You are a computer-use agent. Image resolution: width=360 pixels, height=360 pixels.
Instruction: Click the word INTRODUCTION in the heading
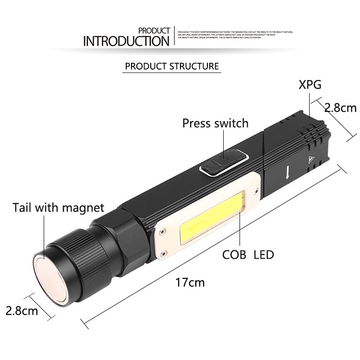[x=126, y=41]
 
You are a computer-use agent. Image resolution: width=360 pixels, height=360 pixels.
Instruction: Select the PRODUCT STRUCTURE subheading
[x=172, y=66]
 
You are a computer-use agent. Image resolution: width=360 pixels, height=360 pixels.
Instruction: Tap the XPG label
[x=310, y=85]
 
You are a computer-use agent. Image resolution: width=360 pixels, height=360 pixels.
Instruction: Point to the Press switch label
[x=215, y=123]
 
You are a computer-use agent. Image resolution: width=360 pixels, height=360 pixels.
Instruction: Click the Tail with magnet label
[x=58, y=208]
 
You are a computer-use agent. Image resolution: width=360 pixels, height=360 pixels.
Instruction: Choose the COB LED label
[x=248, y=254]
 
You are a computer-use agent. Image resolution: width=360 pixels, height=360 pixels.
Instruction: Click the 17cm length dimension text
[x=190, y=282]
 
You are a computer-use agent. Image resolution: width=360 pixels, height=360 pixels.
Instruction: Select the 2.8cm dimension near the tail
[x=22, y=311]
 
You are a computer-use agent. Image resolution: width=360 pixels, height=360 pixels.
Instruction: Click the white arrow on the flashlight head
[x=287, y=173]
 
